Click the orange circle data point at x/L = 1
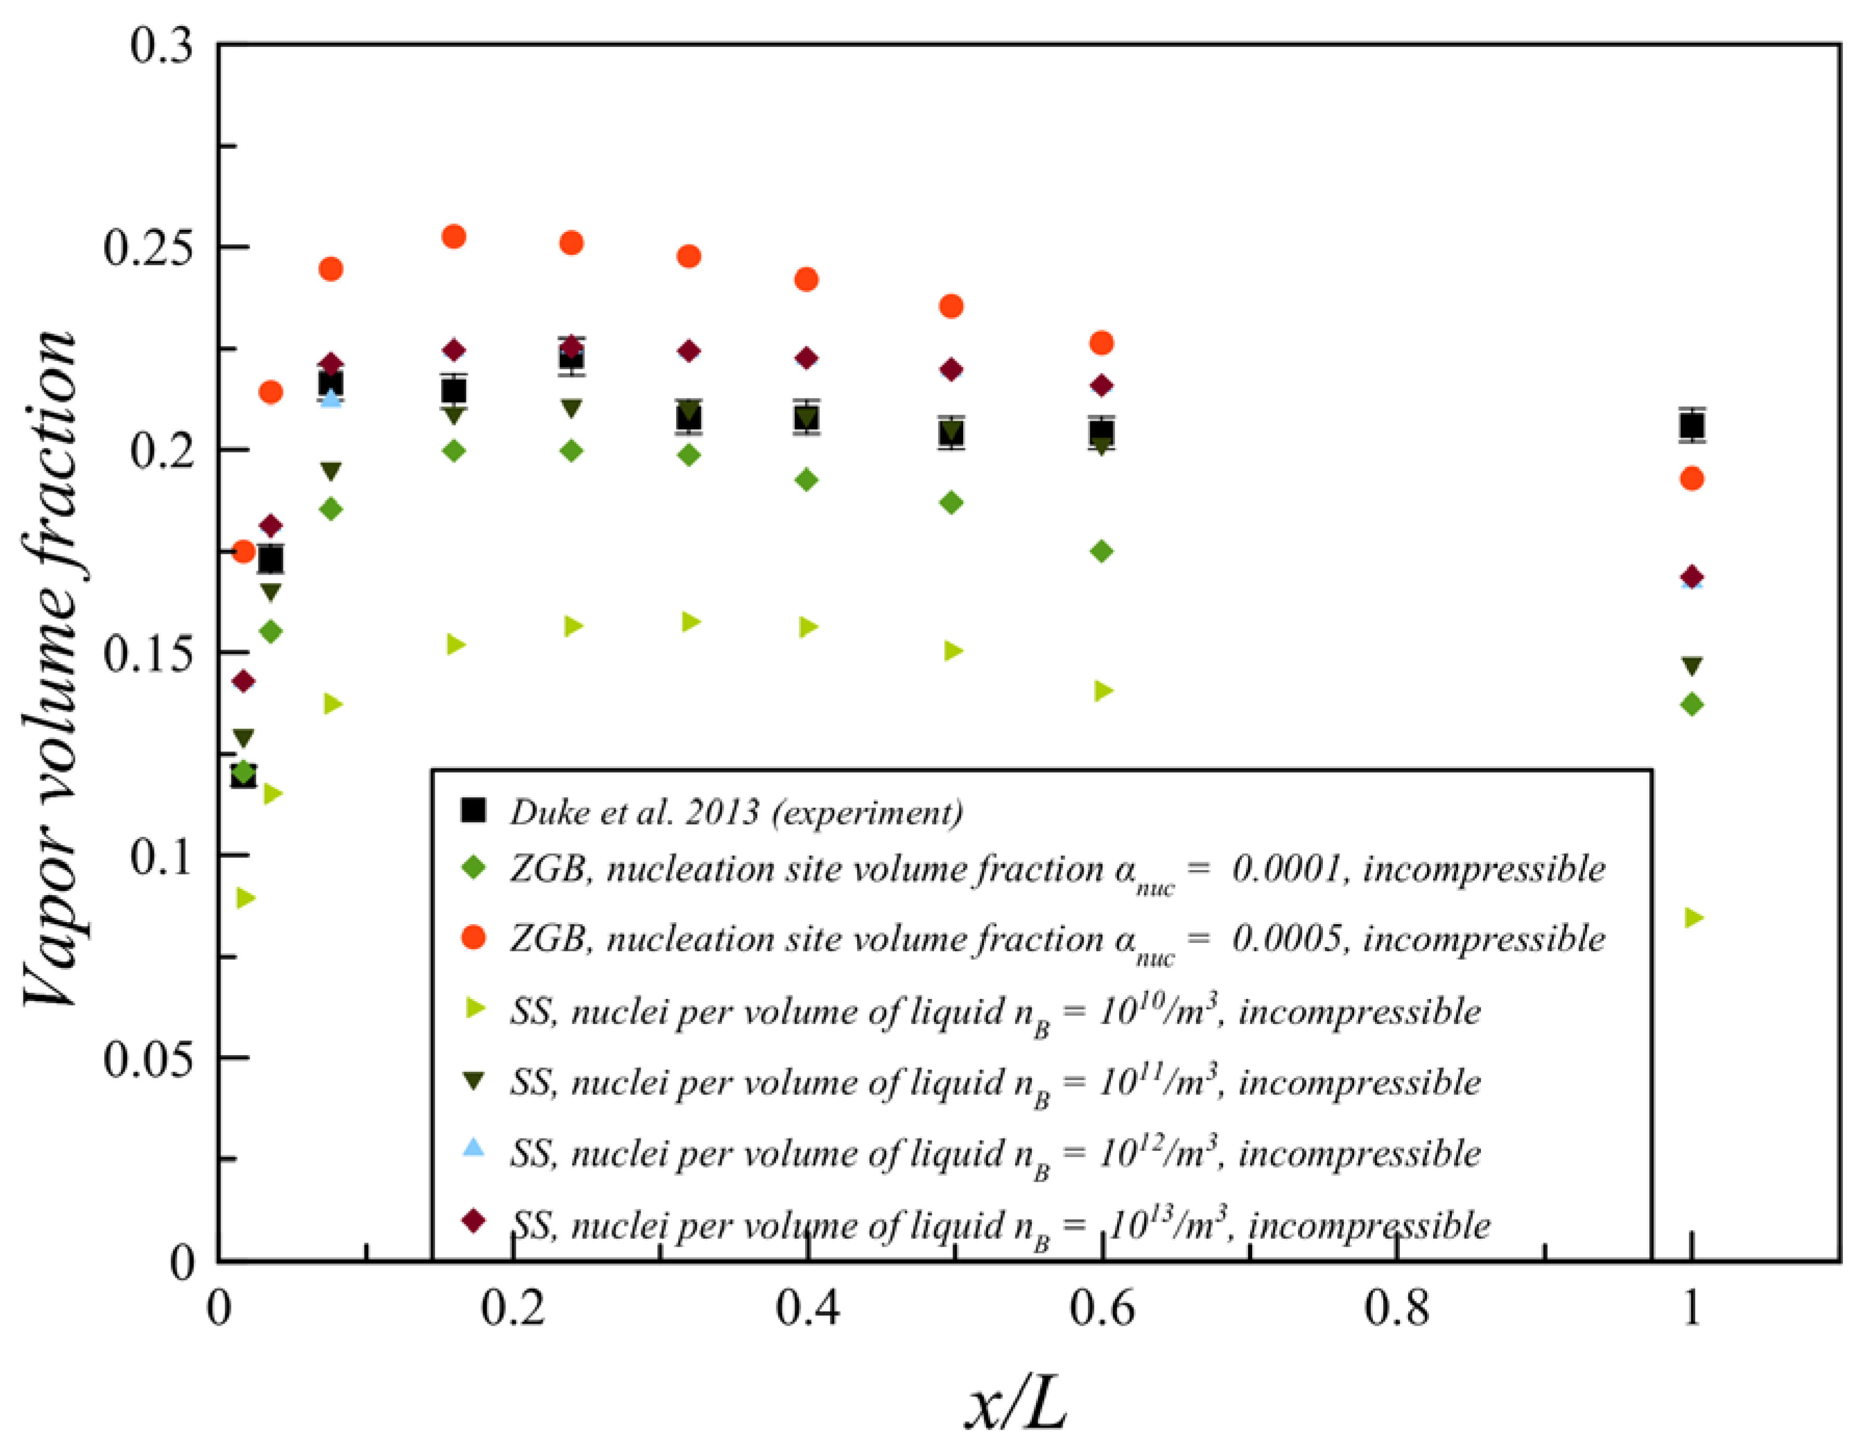(x=1691, y=478)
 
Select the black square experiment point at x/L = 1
(x=1691, y=425)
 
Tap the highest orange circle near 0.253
(x=454, y=237)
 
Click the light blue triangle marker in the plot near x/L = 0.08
(x=331, y=397)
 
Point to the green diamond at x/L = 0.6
(x=1102, y=551)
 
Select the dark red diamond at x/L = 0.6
(x=1102, y=385)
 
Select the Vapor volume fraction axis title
(x=51, y=668)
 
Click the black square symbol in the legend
(x=473, y=810)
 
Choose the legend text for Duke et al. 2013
(x=736, y=813)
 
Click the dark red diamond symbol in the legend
(x=473, y=1221)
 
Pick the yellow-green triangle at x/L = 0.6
(x=1103, y=690)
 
